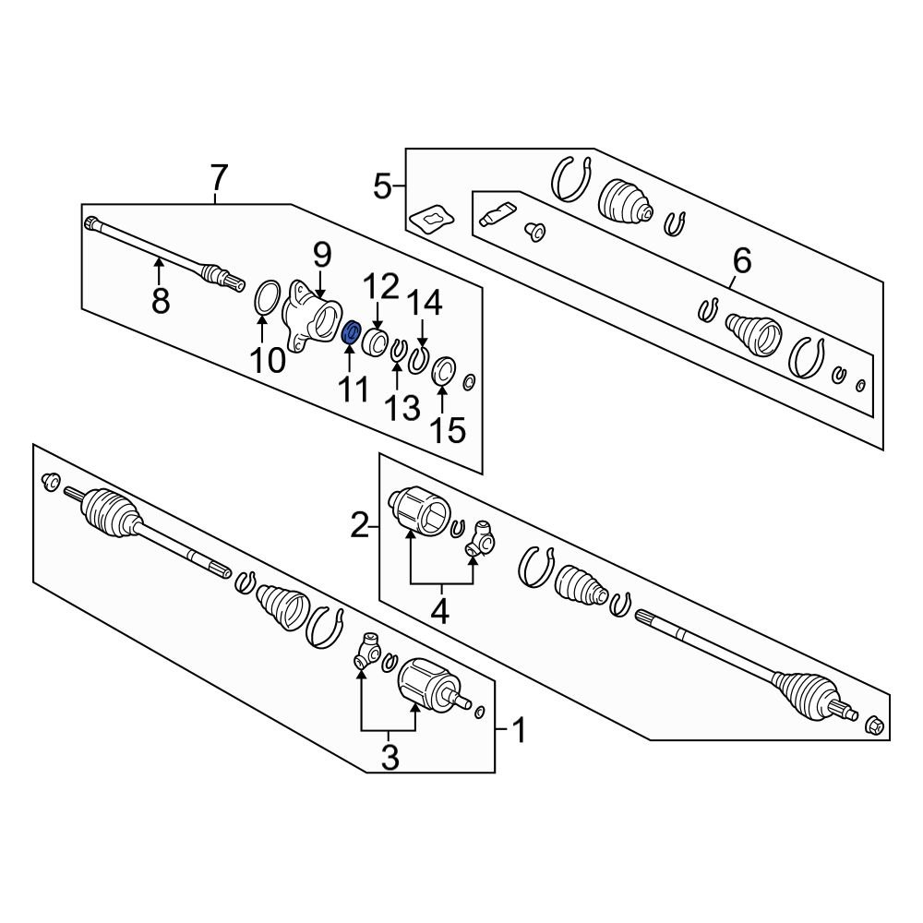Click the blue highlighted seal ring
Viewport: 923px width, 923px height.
351,332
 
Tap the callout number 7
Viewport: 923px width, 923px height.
218,175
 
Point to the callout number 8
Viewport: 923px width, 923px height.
161,300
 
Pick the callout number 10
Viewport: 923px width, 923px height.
268,360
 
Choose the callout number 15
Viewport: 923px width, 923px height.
447,429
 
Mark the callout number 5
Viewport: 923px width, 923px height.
383,187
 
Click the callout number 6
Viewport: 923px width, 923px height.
742,262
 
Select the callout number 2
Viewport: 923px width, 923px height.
360,527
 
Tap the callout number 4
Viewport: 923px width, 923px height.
440,611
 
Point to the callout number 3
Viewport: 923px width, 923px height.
390,758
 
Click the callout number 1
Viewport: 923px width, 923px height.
518,732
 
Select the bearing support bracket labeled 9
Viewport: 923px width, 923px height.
310,318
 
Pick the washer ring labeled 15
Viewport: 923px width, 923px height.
441,371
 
